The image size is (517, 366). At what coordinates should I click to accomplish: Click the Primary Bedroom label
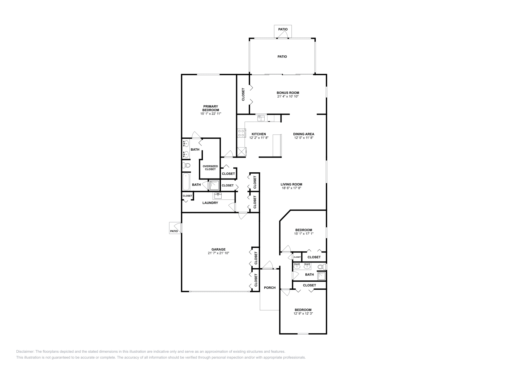pyautogui.click(x=210, y=108)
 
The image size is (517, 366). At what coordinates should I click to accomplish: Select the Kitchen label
pyautogui.click(x=259, y=134)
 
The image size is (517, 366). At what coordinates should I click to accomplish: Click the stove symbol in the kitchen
pyautogui.click(x=241, y=133)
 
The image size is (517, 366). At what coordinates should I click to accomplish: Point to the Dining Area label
pyautogui.click(x=303, y=134)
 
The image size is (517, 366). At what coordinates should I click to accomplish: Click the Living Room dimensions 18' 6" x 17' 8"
pyautogui.click(x=291, y=188)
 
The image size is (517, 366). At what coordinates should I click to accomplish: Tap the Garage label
pyautogui.click(x=218, y=249)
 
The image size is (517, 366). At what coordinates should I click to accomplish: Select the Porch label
pyautogui.click(x=270, y=287)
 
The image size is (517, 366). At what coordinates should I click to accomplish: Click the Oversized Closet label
pyautogui.click(x=210, y=167)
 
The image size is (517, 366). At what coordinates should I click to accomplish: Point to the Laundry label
pyautogui.click(x=210, y=203)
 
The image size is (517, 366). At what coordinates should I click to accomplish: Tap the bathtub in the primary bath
pyautogui.click(x=186, y=182)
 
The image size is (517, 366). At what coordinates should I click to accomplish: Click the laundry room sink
pyautogui.click(x=217, y=196)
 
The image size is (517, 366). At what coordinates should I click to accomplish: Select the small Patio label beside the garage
pyautogui.click(x=174, y=231)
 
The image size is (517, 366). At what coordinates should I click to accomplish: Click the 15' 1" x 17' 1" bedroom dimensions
pyautogui.click(x=304, y=233)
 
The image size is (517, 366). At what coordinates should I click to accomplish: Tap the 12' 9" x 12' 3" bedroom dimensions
pyautogui.click(x=303, y=313)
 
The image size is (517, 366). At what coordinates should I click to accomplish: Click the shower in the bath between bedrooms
pyautogui.click(x=322, y=275)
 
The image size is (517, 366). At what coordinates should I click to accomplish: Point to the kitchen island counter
pyautogui.click(x=277, y=145)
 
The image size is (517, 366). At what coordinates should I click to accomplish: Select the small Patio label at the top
pyautogui.click(x=283, y=29)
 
